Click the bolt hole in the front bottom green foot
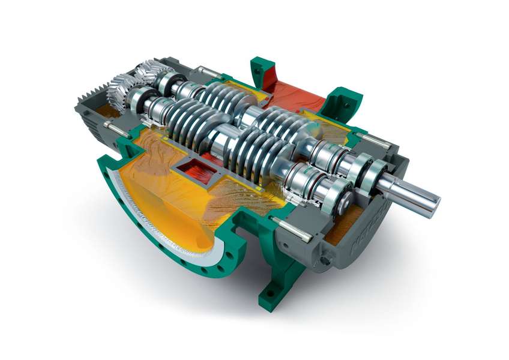pos(268,293)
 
